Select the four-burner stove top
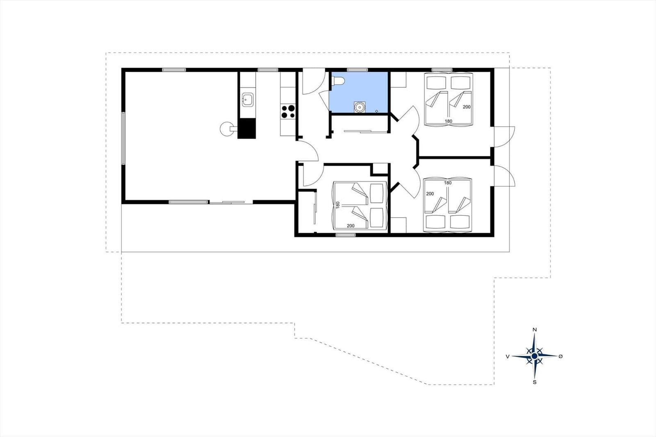[288, 112]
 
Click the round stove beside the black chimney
[228, 129]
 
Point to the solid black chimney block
[246, 128]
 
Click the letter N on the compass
[535, 330]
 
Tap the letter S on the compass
[535, 382]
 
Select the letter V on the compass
[508, 357]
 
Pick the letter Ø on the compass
[560, 356]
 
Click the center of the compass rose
[534, 356]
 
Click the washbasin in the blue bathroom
[359, 107]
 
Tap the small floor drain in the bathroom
[377, 112]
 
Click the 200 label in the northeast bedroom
[467, 107]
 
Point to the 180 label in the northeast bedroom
[449, 121]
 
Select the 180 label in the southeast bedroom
[448, 183]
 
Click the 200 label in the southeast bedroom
[430, 193]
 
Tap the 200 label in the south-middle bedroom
[351, 225]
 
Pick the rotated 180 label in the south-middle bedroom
[338, 205]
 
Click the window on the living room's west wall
[123, 138]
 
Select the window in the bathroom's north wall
[357, 70]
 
